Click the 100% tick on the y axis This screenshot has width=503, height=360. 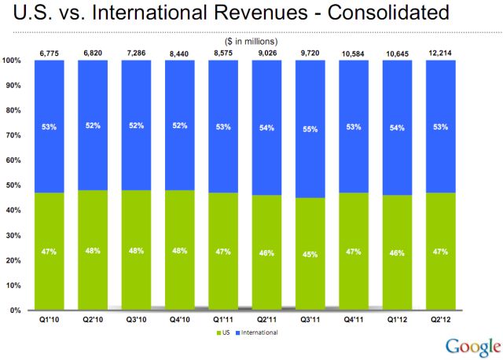click(13, 61)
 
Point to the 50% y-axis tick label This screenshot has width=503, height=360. click(14, 186)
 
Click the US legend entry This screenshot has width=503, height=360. click(225, 332)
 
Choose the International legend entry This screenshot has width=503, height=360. click(258, 332)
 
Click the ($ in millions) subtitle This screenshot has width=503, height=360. click(245, 41)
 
